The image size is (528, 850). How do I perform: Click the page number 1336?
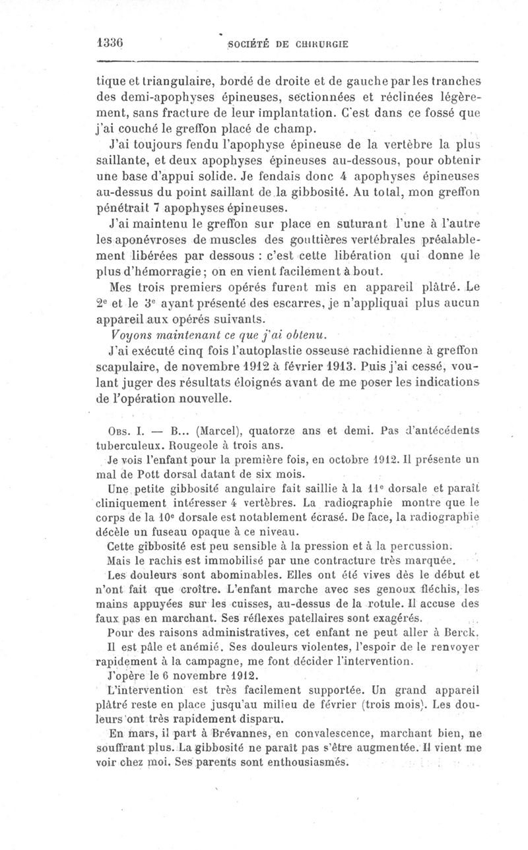coord(110,40)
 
